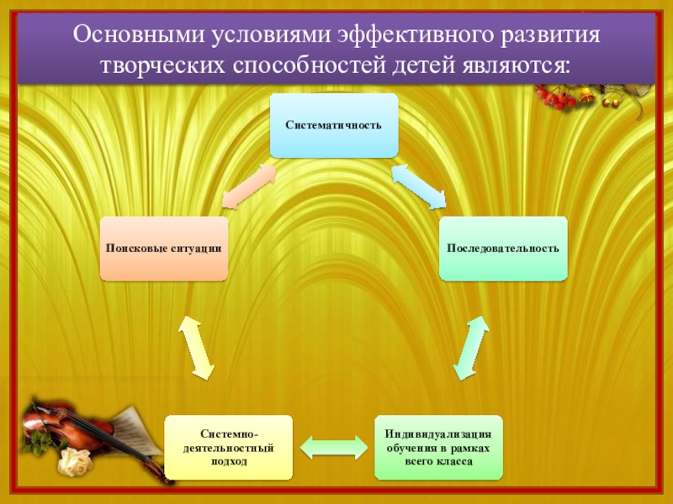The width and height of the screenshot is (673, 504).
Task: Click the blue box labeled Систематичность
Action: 333,125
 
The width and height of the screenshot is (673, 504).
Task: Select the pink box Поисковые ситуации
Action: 163,249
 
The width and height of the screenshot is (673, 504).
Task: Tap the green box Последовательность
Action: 503,249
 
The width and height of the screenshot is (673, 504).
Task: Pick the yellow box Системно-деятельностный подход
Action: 229,447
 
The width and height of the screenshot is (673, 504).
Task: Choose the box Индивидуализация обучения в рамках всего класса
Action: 438,447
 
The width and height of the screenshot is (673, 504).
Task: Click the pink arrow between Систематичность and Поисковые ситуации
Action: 249,184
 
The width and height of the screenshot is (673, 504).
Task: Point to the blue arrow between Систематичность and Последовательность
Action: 419,186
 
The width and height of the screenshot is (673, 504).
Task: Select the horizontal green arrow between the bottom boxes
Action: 334,446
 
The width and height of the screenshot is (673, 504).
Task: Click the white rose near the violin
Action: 75,460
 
